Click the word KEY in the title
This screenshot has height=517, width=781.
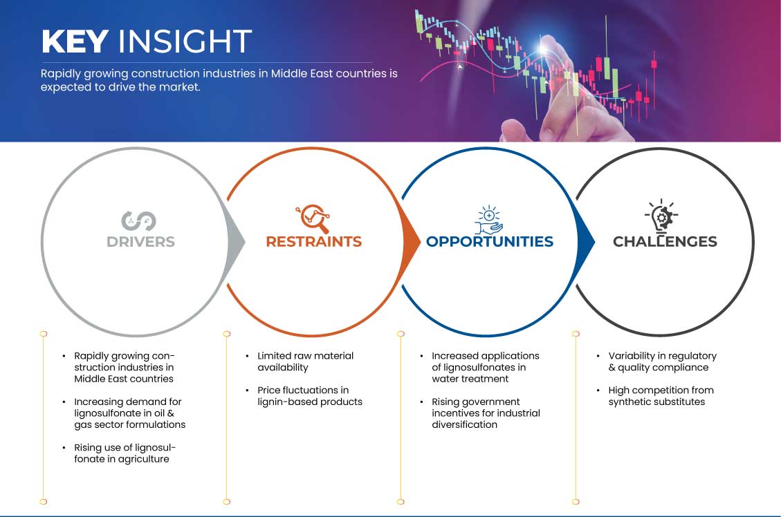tap(75, 41)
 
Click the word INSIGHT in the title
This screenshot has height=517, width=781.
tap(185, 41)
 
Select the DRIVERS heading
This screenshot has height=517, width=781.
tap(140, 242)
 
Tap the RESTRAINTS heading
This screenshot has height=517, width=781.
tap(314, 242)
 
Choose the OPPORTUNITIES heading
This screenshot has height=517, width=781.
tap(490, 242)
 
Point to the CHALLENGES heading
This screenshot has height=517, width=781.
tap(665, 242)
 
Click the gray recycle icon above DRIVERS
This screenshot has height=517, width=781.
tap(138, 221)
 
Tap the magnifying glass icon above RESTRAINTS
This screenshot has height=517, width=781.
tap(313, 218)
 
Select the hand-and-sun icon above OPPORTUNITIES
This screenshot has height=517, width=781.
tap(488, 219)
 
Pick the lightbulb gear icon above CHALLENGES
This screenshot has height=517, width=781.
tap(661, 216)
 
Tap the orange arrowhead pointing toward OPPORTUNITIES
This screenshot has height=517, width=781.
tap(412, 242)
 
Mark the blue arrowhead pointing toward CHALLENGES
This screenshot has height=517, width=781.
tap(586, 242)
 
